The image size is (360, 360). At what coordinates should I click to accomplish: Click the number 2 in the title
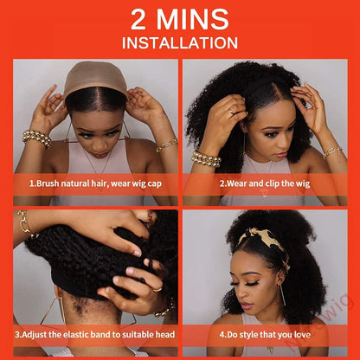pos(138,19)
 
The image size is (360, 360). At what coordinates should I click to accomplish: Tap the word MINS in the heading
pos(192,19)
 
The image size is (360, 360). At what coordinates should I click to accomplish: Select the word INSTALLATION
pos(180,42)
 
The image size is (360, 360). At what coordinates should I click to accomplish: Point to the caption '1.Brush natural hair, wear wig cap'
pos(95,183)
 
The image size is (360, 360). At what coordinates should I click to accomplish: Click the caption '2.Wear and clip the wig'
pos(265,183)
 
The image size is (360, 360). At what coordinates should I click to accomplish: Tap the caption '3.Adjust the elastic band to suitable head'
pos(95,335)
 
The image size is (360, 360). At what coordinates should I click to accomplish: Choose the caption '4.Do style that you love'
pos(265,335)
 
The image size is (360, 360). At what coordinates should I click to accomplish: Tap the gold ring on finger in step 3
pos(157,289)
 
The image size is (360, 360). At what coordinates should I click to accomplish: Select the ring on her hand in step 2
pos(231,111)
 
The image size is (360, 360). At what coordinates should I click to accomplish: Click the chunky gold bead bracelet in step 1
pos(36,139)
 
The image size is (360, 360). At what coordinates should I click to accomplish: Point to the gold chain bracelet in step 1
pos(167,145)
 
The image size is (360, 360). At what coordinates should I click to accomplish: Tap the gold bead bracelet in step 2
pos(206,159)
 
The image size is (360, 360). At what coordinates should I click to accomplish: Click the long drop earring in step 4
pos(282,292)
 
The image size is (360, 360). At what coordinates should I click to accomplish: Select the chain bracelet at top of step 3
pos(25,224)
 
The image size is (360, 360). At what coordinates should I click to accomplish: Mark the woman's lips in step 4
pos(246,306)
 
